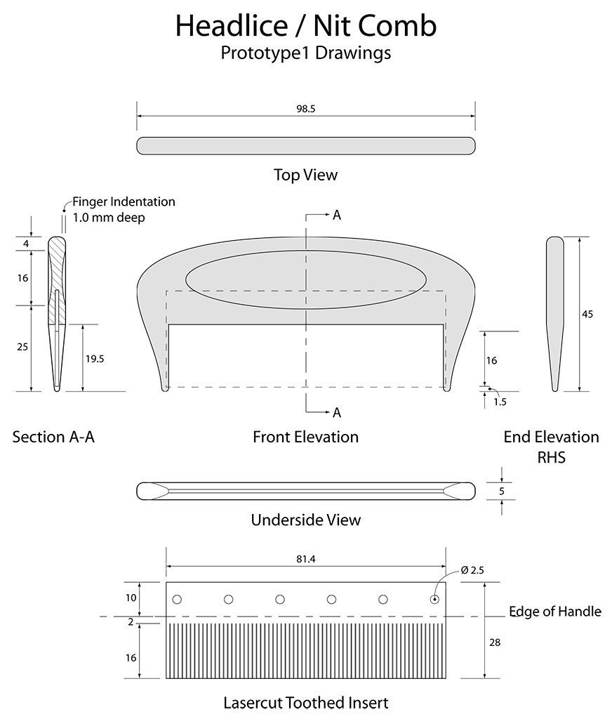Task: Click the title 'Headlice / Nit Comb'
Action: [x=305, y=25]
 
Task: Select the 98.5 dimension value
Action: [x=305, y=110]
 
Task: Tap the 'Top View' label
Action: [x=305, y=175]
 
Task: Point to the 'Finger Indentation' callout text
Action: [x=124, y=202]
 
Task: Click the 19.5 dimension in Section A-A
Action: [x=94, y=358]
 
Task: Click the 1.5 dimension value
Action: [x=500, y=402]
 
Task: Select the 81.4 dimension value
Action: [x=305, y=560]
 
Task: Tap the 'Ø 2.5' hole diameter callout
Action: [x=472, y=570]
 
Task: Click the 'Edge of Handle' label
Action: [x=554, y=612]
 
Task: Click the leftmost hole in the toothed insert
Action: [x=177, y=599]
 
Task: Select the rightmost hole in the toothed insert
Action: [x=434, y=599]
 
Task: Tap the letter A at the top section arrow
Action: [x=337, y=216]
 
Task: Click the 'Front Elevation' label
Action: [x=305, y=437]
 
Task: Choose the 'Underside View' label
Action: [x=305, y=520]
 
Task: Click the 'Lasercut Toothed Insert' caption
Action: [x=305, y=702]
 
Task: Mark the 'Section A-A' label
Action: [x=53, y=437]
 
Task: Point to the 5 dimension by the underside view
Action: [x=502, y=491]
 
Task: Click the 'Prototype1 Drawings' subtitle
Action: [x=305, y=53]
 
